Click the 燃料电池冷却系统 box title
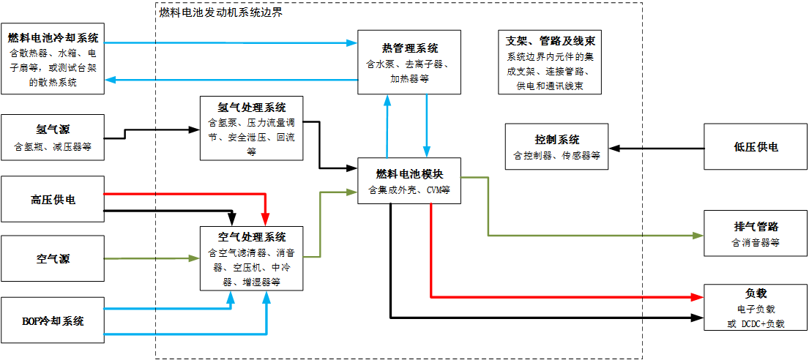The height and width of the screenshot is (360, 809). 53,37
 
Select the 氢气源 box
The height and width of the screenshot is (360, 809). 53,137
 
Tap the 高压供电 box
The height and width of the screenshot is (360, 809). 53,199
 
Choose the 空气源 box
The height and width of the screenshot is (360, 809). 53,258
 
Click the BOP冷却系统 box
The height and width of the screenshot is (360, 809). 53,320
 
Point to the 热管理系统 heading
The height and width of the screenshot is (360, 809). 409,48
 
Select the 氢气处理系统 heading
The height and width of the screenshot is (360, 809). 251,107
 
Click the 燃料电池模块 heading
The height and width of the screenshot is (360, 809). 409,174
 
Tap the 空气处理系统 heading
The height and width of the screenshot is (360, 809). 251,237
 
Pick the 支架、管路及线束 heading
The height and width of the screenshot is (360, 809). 550,42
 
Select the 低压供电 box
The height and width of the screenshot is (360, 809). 755,147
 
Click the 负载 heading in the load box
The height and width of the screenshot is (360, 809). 755,293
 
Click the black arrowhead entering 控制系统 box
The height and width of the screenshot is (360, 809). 614,149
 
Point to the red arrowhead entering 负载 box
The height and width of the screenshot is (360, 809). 698,297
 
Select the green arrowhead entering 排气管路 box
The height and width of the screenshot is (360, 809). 698,236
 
